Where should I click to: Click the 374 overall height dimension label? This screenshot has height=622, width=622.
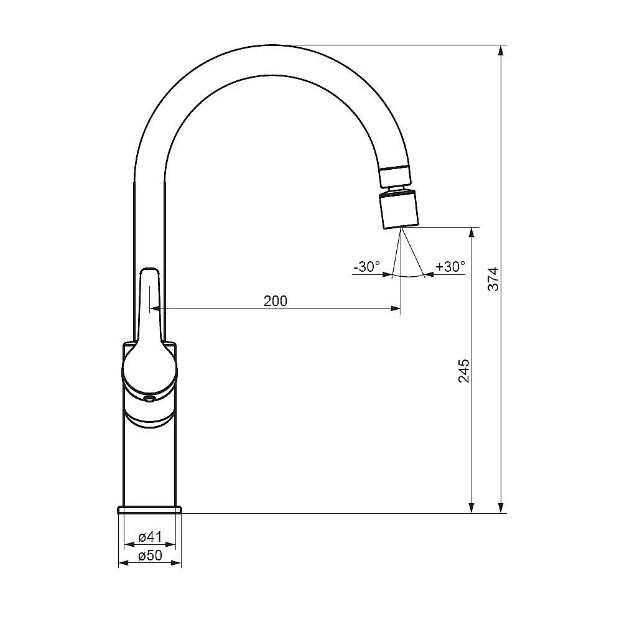click(x=493, y=279)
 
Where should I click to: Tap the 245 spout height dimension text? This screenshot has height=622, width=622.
click(x=464, y=371)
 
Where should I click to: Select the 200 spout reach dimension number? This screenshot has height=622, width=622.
click(x=276, y=301)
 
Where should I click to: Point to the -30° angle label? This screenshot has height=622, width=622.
click(x=366, y=267)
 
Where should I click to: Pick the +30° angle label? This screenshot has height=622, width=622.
click(x=450, y=267)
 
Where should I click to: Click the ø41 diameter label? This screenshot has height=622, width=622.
click(x=150, y=537)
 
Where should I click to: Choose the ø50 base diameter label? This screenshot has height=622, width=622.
click(x=150, y=555)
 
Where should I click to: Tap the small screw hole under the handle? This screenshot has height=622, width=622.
click(x=149, y=399)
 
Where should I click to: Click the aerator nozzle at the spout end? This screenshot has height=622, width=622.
click(x=399, y=210)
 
